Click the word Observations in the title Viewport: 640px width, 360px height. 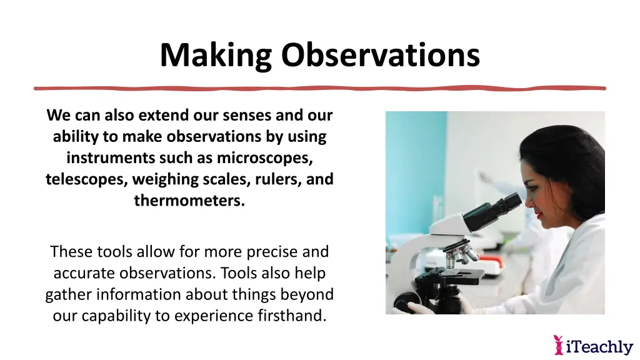[380, 55]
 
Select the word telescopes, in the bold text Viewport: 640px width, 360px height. [85, 179]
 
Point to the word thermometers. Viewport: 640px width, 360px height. [189, 201]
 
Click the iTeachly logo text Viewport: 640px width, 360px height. [599, 346]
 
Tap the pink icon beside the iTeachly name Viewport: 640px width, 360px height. [559, 345]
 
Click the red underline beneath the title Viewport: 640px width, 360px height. [320, 88]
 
